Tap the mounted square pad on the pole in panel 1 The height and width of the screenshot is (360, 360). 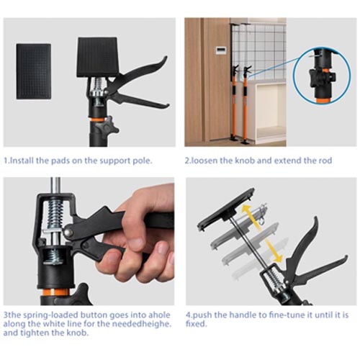[97, 56]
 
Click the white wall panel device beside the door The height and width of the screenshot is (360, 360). [222, 51]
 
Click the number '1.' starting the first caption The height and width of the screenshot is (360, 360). [6, 161]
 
